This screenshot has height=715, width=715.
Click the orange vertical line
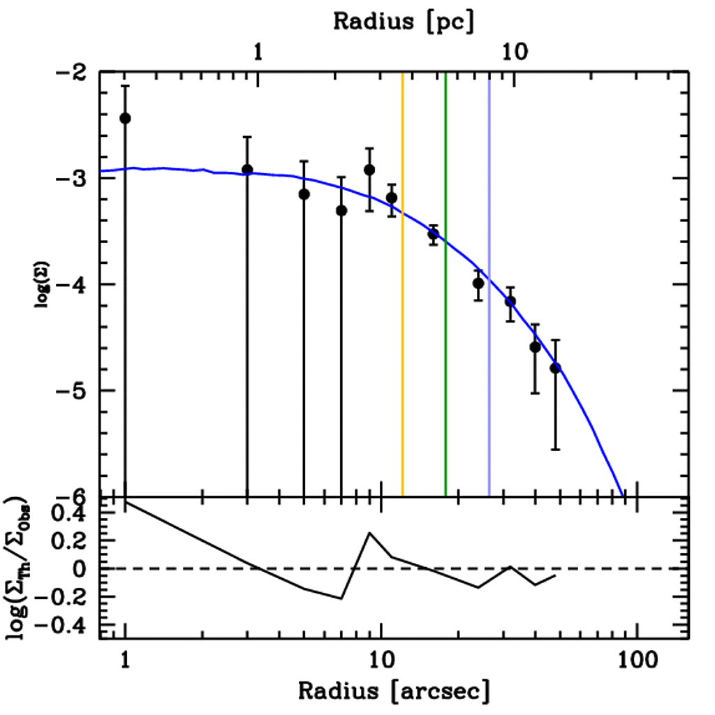click(402, 279)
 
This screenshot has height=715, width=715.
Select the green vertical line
click(445, 279)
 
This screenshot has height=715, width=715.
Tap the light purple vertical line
click(489, 279)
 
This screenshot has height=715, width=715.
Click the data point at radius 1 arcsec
click(125, 118)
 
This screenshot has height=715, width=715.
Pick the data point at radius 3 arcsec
click(247, 170)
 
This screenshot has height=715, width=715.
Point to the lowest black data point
click(555, 368)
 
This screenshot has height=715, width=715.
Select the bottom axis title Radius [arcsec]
click(394, 691)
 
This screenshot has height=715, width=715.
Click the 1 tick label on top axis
click(258, 53)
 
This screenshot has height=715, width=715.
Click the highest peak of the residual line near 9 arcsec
click(369, 533)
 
